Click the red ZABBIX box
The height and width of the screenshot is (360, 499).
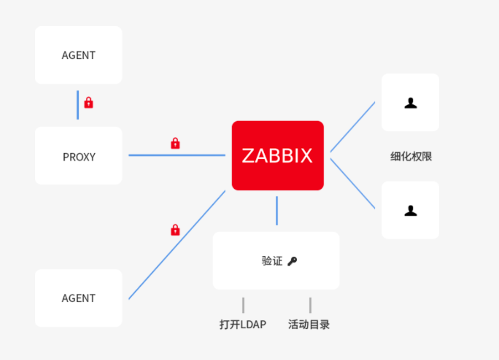tap(278, 155)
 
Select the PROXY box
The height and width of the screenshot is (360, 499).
tap(79, 156)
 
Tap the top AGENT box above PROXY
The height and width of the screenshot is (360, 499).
tap(79, 55)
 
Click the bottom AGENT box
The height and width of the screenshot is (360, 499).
tap(79, 298)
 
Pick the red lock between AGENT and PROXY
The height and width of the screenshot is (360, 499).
tap(89, 103)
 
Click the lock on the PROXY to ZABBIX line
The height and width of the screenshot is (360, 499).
tap(175, 143)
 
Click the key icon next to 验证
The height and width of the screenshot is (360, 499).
tap(292, 261)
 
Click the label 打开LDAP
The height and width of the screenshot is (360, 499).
tap(243, 325)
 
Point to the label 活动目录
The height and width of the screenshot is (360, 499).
tap(309, 325)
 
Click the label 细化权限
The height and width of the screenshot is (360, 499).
tap(411, 157)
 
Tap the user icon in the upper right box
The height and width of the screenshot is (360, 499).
tap(410, 103)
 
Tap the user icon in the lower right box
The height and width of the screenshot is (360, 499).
tap(410, 211)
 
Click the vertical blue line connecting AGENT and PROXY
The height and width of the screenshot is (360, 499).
tap(78, 105)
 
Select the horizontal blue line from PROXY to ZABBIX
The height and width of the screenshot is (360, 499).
tap(177, 155)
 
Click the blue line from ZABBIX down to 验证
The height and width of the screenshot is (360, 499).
tap(277, 211)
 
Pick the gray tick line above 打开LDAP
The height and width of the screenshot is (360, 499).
tap(243, 305)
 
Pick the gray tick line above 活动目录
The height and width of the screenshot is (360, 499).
tap(310, 305)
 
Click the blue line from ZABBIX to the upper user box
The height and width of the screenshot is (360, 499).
tap(353, 127)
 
